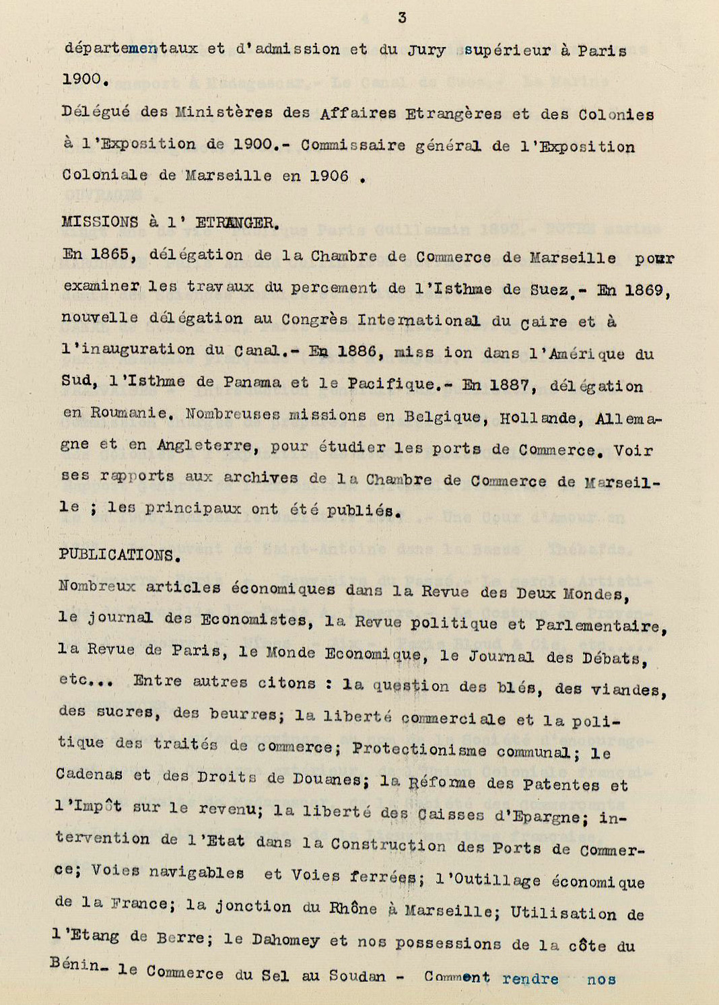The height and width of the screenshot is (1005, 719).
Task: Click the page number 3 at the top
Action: click(x=402, y=18)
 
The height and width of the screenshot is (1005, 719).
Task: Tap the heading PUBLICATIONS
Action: click(x=118, y=555)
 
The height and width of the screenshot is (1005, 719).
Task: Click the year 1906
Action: click(x=329, y=176)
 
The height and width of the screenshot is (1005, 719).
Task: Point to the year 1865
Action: click(x=110, y=254)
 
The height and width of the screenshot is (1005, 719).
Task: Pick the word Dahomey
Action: click(x=285, y=940)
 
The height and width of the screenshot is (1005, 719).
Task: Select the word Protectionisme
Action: click(x=419, y=750)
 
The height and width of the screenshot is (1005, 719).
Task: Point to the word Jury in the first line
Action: click(x=426, y=50)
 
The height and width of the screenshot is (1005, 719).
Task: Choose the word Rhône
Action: click(x=352, y=908)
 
